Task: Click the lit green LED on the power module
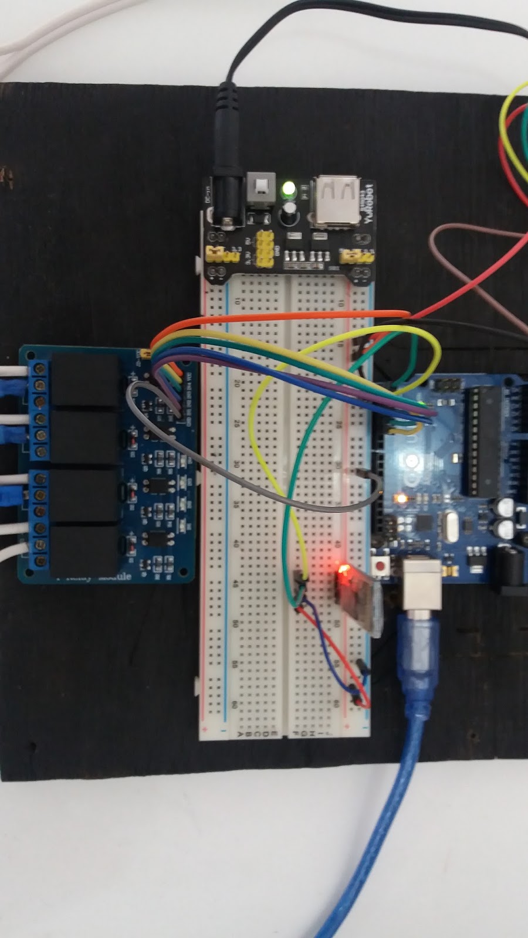coord(289,189)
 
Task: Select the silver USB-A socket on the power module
coord(335,200)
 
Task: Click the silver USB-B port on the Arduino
coord(421,583)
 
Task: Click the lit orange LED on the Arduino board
coord(402,499)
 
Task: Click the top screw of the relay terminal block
coord(40,369)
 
